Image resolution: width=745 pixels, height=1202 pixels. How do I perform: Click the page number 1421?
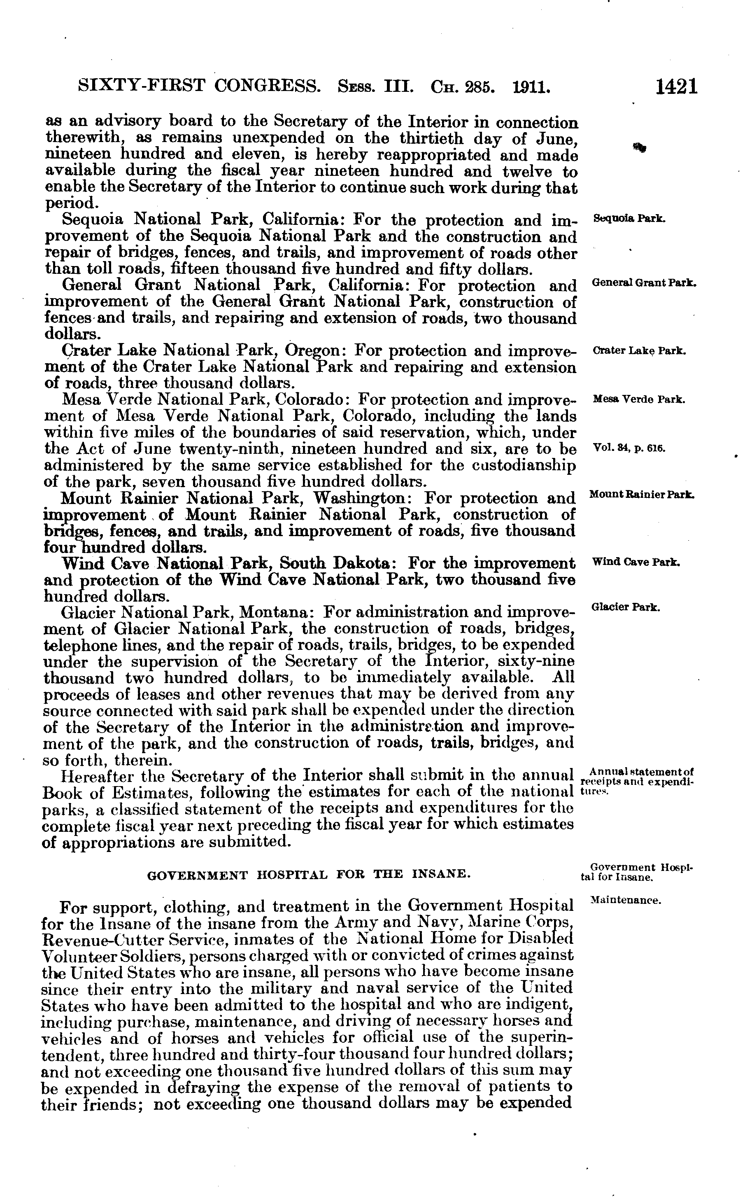coord(677,87)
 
